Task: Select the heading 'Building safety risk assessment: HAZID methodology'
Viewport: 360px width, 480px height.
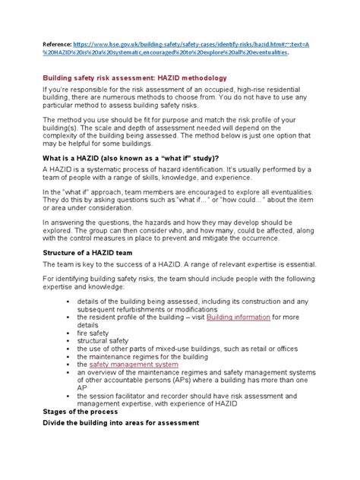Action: pos(144,77)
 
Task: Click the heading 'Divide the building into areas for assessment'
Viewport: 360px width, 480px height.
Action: pos(120,422)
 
